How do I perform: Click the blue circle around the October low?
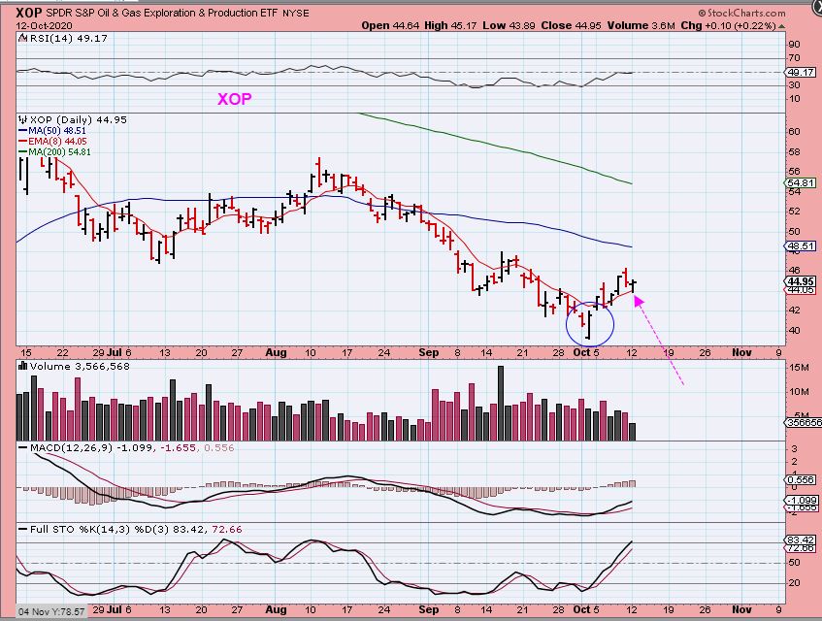click(x=589, y=325)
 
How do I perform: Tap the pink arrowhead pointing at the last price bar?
click(x=637, y=299)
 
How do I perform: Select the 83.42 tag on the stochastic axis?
click(x=800, y=539)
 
